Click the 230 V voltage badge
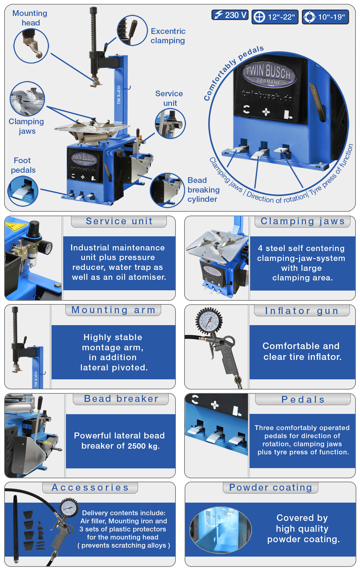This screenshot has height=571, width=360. [x=230, y=15]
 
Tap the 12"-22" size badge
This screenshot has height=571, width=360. [x=275, y=17]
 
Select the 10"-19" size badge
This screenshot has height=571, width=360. [x=325, y=17]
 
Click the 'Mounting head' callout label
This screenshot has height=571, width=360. [x=30, y=18]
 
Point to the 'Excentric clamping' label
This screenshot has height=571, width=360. [x=168, y=36]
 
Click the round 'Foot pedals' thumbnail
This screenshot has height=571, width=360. [x=23, y=191]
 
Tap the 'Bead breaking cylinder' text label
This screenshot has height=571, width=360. [x=203, y=190]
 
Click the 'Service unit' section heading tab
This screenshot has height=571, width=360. [x=119, y=221]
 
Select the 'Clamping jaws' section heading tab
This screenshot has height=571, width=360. [x=302, y=221]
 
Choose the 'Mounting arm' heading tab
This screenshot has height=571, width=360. [x=113, y=310]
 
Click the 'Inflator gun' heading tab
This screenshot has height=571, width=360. [x=302, y=311]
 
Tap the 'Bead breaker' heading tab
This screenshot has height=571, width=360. [x=121, y=399]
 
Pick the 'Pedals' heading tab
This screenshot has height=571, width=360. [x=303, y=399]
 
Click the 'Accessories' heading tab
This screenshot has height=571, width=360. [x=90, y=488]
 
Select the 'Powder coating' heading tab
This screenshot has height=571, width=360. [x=271, y=488]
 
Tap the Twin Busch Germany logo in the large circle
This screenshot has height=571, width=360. [x=269, y=73]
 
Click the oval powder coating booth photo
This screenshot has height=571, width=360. [x=220, y=530]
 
